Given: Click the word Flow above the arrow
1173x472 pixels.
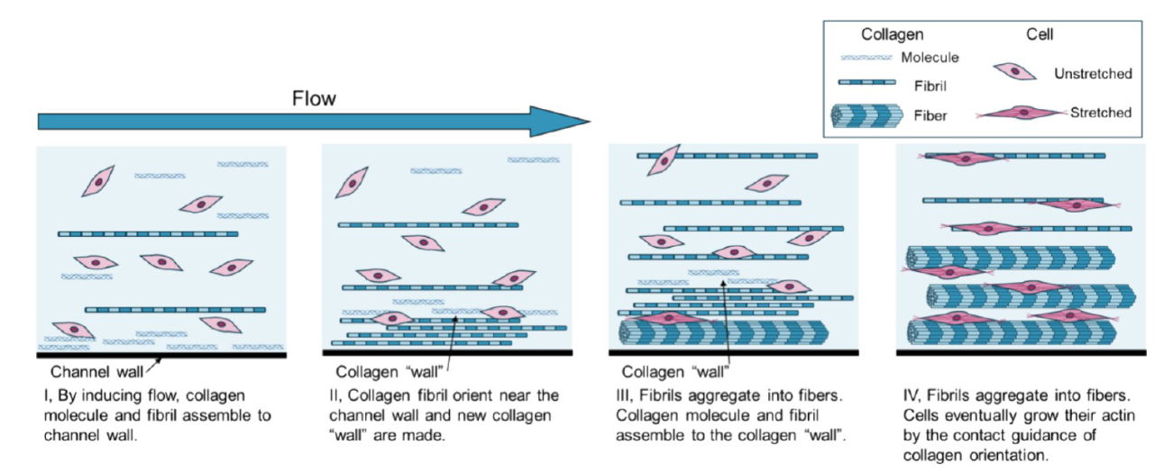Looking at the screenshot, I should pyautogui.click(x=314, y=98).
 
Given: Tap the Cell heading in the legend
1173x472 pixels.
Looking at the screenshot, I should pyautogui.click(x=1040, y=34).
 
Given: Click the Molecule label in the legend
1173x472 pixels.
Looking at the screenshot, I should pyautogui.click(x=930, y=58).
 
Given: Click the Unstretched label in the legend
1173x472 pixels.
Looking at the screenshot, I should pyautogui.click(x=1093, y=74).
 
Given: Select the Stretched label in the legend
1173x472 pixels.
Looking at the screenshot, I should pyautogui.click(x=1100, y=113).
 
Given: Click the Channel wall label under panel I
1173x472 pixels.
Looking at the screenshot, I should pyautogui.click(x=95, y=370).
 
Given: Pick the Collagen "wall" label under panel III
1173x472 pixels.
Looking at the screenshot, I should pyautogui.click(x=675, y=370).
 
